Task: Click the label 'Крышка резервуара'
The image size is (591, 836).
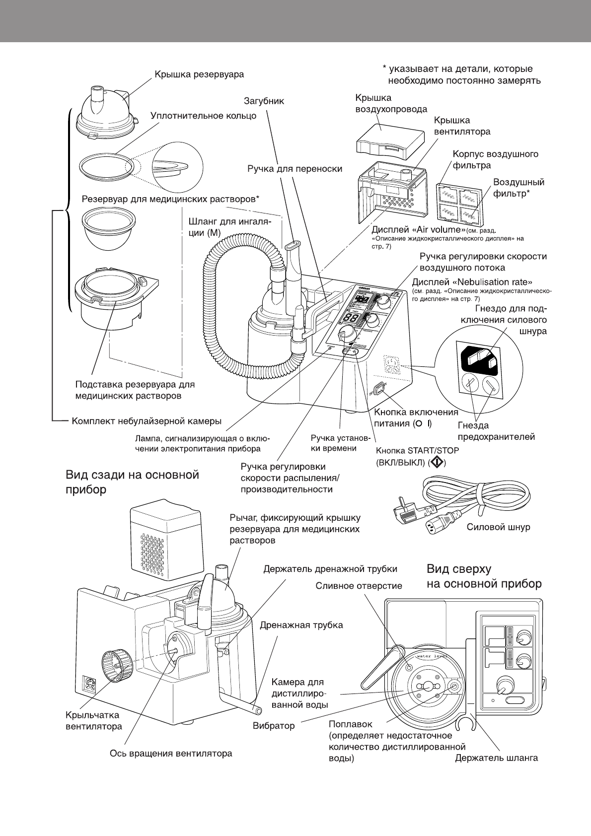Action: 199,75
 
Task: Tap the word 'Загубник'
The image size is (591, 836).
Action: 264,101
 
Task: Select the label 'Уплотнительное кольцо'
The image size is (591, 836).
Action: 203,116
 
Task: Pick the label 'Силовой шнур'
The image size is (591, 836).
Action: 498,527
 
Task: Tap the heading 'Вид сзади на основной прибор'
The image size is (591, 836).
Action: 132,482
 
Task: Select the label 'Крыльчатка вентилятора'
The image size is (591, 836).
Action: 93,721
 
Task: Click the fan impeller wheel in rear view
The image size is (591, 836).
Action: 114,665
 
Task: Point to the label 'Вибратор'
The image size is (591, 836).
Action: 274,726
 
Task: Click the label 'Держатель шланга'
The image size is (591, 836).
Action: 497,758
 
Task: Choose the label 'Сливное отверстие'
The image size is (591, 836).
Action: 359,586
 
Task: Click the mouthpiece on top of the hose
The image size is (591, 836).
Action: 292,251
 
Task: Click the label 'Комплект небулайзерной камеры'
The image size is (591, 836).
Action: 147,421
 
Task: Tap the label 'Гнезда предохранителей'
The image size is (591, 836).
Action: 496,431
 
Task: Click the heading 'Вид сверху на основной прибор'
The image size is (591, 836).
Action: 484,576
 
